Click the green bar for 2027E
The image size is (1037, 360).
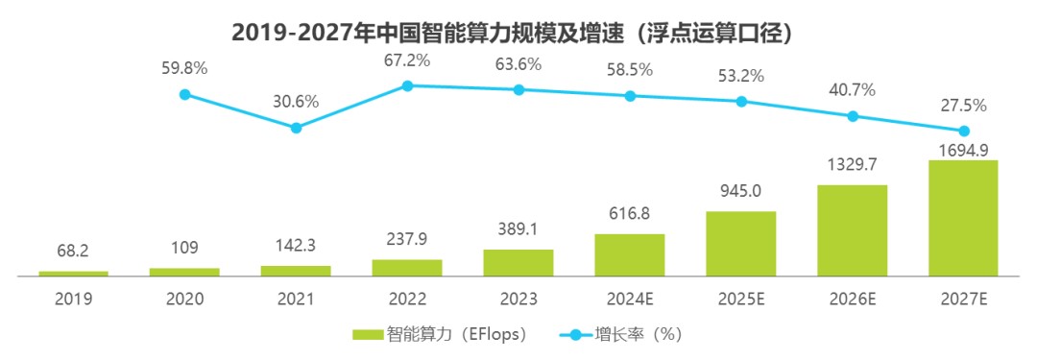[964, 218]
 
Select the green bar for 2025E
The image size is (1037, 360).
[740, 244]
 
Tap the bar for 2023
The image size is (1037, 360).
[518, 263]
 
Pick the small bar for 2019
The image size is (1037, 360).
[73, 274]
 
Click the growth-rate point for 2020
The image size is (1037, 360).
[185, 94]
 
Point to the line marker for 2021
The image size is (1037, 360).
[297, 128]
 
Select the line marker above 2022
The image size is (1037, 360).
[407, 86]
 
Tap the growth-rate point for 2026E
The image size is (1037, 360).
[854, 116]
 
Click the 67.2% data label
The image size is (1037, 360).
[407, 61]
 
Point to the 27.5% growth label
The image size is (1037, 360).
[964, 106]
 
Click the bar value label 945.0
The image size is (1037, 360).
[741, 192]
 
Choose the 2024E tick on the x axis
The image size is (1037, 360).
[630, 299]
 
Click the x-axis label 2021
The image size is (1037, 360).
[297, 299]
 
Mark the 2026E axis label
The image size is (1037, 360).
[854, 299]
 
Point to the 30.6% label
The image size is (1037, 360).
[297, 104]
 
